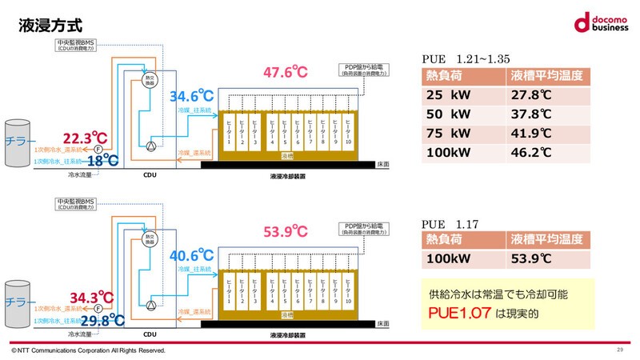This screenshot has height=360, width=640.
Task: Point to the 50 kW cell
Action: tap(450, 114)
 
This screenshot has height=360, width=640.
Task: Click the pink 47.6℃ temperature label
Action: tap(286, 73)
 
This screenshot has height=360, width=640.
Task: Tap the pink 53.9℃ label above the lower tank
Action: tap(286, 232)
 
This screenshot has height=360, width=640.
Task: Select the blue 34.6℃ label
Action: tap(192, 98)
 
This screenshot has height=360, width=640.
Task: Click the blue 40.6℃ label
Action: tap(192, 257)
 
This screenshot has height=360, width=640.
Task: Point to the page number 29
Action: tap(620, 350)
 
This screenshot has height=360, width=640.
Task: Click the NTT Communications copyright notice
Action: tap(88, 350)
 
